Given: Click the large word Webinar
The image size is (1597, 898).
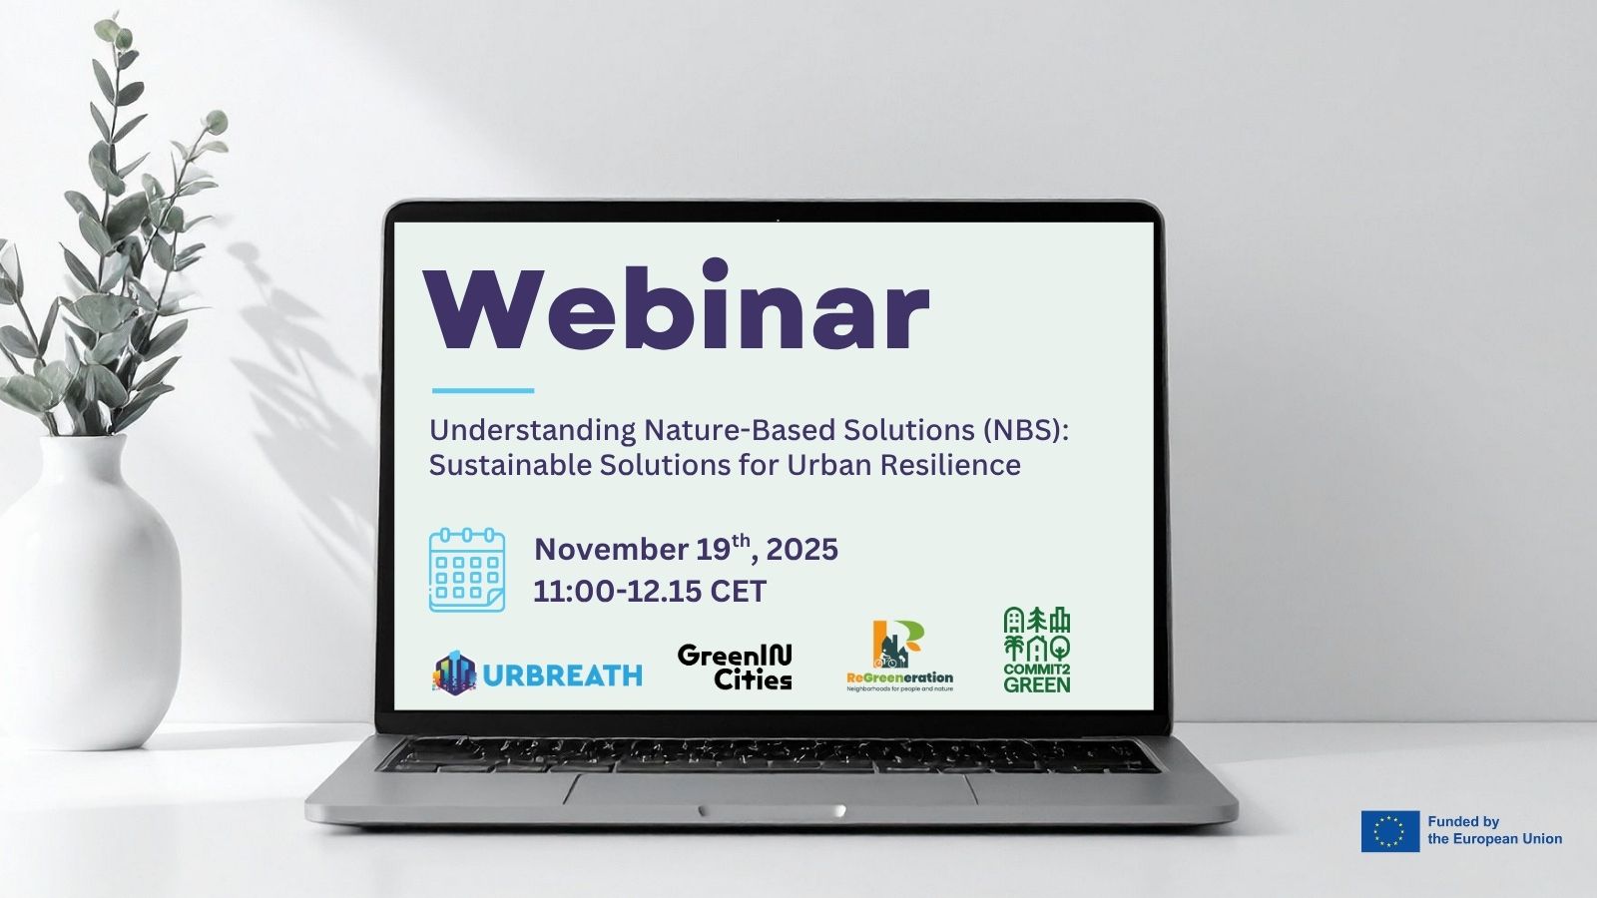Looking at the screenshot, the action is (676, 305).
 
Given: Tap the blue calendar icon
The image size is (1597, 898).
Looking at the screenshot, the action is (467, 570).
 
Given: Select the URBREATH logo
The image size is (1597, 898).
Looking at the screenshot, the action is (538, 673).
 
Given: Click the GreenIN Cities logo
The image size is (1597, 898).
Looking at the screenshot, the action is (735, 668).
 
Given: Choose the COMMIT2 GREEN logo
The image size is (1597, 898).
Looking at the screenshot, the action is (1037, 650).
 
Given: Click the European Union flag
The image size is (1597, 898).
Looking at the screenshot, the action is (1390, 831).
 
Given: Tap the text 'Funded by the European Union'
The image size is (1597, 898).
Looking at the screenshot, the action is (1494, 830).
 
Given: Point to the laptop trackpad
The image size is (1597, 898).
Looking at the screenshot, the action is (771, 789).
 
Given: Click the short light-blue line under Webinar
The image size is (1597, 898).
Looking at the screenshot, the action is (483, 390).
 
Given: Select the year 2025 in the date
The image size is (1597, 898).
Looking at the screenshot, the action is (802, 550).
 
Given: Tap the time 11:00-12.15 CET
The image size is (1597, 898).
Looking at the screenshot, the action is (650, 591).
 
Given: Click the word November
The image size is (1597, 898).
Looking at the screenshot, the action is (611, 550).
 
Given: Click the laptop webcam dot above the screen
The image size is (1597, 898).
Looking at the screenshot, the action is (778, 211).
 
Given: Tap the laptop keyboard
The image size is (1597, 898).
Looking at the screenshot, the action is (771, 755).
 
